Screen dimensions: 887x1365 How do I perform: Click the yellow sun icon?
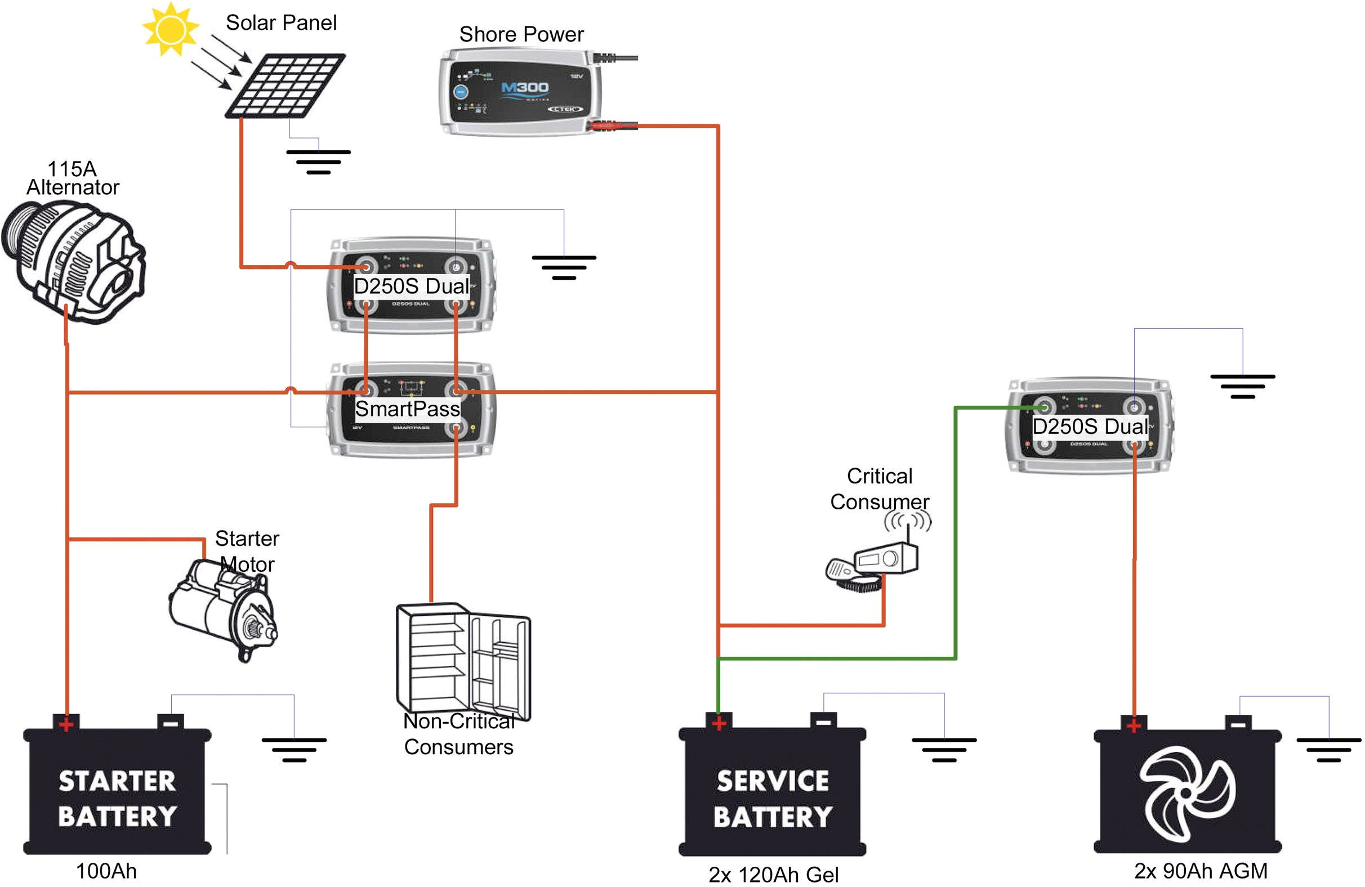tap(169, 29)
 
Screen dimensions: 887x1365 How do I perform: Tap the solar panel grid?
tap(285, 85)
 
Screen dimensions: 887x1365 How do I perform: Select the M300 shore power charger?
tap(521, 92)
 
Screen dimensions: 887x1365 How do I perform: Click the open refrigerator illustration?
tap(462, 660)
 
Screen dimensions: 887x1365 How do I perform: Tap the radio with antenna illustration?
tap(877, 562)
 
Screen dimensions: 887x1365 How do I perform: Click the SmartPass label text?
tap(407, 409)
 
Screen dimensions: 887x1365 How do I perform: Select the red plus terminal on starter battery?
tap(66, 724)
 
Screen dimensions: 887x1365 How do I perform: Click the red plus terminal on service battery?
tap(719, 723)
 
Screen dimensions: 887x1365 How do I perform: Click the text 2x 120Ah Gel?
tap(773, 875)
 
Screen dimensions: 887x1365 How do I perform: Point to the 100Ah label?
tap(106, 871)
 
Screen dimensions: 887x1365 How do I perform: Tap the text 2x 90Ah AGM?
tap(1201, 871)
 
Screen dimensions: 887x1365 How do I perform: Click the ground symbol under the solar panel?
tap(318, 162)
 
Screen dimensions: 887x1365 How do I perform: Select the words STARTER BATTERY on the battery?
tap(117, 799)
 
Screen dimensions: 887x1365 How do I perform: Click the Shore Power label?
tap(521, 34)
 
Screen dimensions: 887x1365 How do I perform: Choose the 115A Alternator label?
tap(72, 178)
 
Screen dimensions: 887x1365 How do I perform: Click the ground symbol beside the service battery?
tap(943, 750)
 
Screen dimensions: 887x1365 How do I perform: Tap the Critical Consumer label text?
tap(879, 489)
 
